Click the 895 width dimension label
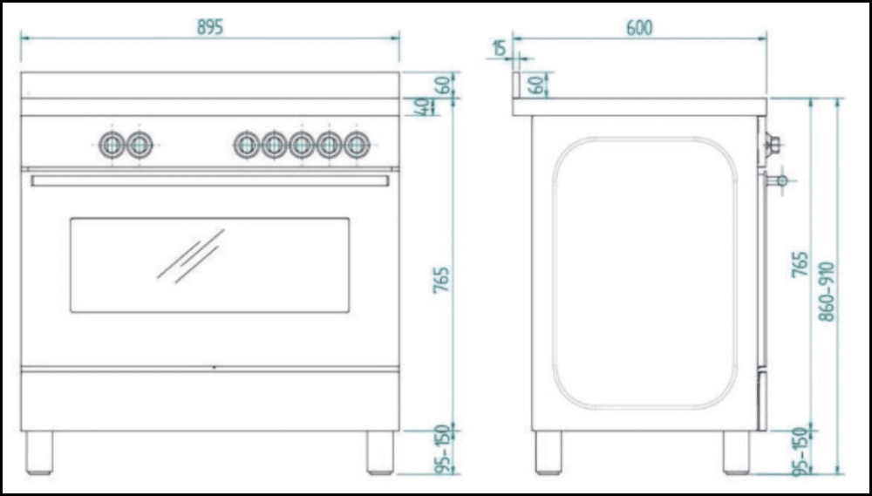[x=210, y=27]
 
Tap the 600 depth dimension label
[x=639, y=28]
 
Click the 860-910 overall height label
[x=827, y=291]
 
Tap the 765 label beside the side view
[x=799, y=265]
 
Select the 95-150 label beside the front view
[x=441, y=449]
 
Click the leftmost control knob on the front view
[x=112, y=145]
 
